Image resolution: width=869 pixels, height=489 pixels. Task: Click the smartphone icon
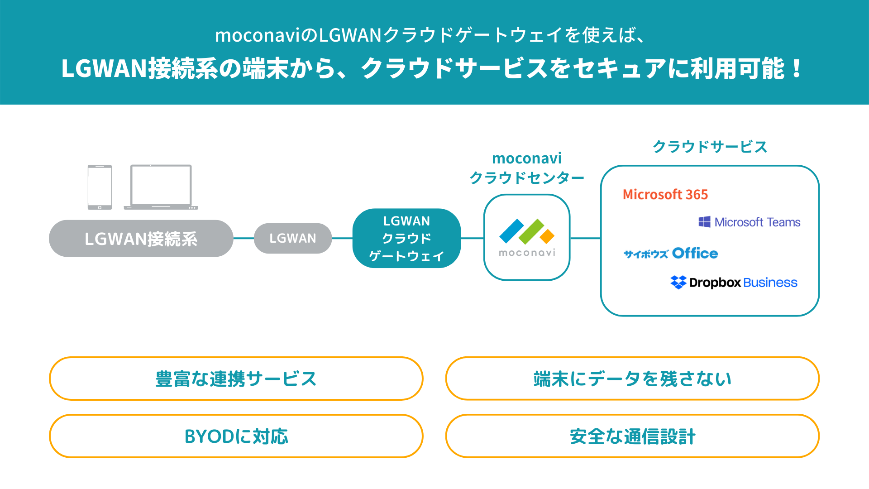[100, 187]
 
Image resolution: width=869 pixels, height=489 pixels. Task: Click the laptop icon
[161, 187]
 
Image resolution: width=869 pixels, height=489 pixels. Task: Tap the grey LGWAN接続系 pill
[141, 239]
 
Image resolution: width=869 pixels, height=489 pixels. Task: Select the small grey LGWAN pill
[293, 238]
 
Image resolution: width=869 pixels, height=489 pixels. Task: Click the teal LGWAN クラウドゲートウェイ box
[406, 238]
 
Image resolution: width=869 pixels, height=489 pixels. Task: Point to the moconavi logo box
[527, 237]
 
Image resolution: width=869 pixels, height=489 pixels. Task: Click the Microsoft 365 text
[665, 195]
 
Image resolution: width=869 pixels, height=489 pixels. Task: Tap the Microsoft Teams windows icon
[704, 222]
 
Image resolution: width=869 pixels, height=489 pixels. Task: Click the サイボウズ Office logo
[671, 253]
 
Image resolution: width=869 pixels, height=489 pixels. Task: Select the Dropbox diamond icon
[678, 282]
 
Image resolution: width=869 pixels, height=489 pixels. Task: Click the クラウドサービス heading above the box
[710, 147]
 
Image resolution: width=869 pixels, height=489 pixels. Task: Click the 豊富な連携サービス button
[236, 379]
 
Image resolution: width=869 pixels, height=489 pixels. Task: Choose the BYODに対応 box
[236, 436]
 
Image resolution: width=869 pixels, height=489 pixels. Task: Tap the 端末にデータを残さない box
[632, 379]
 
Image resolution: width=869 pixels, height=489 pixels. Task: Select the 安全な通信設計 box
[632, 436]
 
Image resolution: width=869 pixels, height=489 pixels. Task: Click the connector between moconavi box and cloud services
[585, 238]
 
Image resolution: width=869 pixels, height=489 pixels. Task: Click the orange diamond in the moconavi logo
[547, 236]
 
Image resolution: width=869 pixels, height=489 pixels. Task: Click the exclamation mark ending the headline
[797, 68]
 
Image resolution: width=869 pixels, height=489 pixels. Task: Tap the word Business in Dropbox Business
[770, 283]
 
